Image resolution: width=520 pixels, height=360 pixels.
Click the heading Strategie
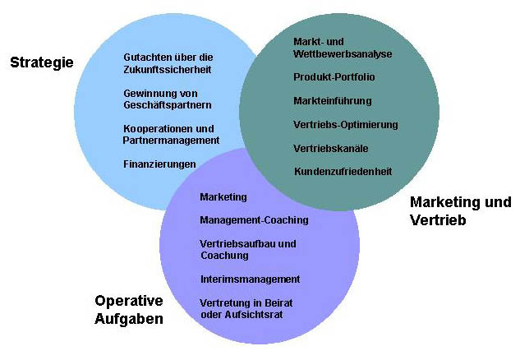point(42,62)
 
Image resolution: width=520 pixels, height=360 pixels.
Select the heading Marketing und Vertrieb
point(460,211)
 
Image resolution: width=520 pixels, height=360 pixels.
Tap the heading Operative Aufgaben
point(129,310)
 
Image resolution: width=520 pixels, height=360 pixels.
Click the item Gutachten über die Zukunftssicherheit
point(168,64)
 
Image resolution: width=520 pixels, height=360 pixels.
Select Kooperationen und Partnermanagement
point(171,134)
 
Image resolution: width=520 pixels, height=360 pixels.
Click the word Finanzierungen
point(159,164)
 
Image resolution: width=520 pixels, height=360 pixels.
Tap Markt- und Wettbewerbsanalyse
point(343,48)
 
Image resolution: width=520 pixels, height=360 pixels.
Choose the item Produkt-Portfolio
point(334,77)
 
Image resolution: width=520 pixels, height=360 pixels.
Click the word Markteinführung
point(333,101)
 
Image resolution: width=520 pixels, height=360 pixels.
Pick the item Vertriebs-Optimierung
point(345,125)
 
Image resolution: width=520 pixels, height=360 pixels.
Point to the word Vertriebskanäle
point(330,149)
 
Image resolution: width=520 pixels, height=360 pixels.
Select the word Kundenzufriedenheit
point(343,172)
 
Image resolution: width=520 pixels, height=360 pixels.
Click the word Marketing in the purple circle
point(223,196)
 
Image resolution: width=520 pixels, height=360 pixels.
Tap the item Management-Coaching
point(254,220)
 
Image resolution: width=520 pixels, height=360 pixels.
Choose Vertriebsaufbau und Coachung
point(247,249)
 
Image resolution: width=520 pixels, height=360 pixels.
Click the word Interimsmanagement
point(250,279)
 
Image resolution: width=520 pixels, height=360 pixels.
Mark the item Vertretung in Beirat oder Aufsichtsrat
point(246,308)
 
